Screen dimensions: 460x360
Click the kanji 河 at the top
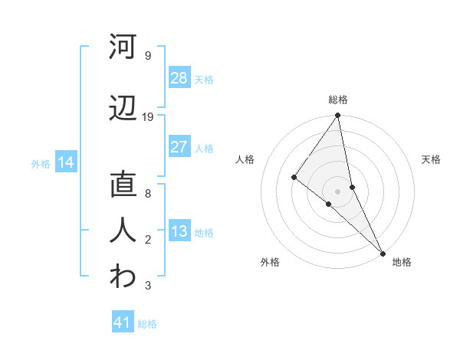(x=123, y=47)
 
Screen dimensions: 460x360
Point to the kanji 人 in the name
(x=123, y=231)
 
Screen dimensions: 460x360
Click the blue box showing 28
(x=179, y=77)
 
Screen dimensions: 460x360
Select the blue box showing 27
(x=179, y=147)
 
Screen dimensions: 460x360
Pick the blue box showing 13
(x=179, y=231)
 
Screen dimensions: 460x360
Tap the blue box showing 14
(x=65, y=162)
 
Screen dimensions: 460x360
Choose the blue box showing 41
(x=123, y=322)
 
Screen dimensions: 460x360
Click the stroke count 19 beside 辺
(x=148, y=117)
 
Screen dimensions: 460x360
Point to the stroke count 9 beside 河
(x=147, y=55)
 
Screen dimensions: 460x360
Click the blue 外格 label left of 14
(x=41, y=163)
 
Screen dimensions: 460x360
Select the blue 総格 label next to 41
(x=147, y=324)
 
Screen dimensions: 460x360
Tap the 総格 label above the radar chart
(x=338, y=100)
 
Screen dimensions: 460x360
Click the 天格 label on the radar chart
(x=432, y=159)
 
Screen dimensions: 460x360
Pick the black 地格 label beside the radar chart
(x=402, y=262)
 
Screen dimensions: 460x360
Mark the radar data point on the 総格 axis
(x=337, y=116)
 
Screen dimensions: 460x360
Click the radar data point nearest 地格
(x=382, y=251)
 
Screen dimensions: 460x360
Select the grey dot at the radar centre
(x=337, y=191)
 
